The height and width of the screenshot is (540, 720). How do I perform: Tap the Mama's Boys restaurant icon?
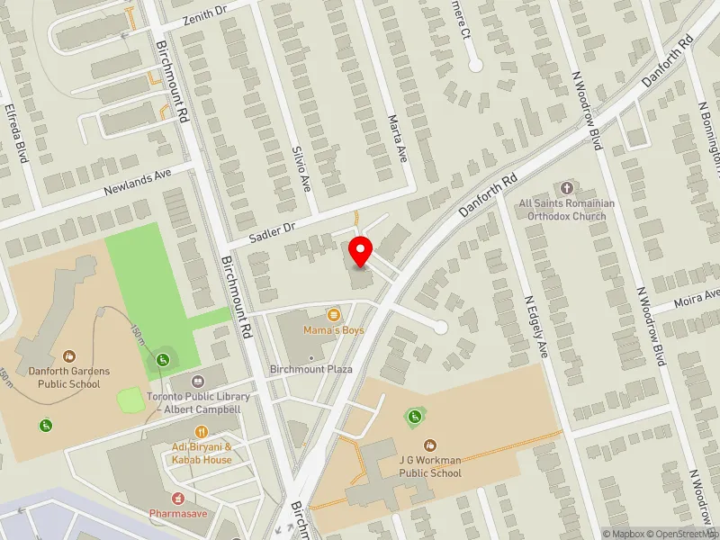coord(334,315)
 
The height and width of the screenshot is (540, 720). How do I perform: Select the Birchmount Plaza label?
coord(312,369)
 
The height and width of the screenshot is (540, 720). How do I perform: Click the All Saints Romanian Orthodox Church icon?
coord(566,188)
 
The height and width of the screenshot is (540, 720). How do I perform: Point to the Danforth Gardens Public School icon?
coord(68,356)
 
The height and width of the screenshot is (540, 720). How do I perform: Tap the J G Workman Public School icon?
coord(429,445)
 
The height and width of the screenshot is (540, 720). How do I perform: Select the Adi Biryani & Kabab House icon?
coord(202,432)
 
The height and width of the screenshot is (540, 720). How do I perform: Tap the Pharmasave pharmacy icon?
coord(176,498)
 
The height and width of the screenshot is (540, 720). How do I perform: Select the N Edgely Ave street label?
coord(535,324)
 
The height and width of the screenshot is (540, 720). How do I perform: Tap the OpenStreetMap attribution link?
coord(686,534)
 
